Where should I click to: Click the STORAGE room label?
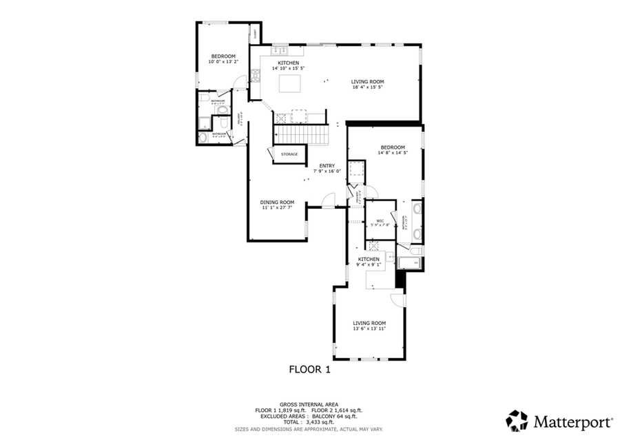[289, 154]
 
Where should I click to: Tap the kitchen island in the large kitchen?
[289, 83]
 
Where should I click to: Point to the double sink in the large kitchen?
[280, 50]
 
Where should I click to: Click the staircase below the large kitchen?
[300, 134]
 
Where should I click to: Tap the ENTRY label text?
[327, 165]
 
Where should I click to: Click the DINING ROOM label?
[277, 202]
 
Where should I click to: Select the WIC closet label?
[380, 220]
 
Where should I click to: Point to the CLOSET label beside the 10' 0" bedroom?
[256, 33]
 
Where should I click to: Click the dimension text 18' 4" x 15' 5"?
[367, 87]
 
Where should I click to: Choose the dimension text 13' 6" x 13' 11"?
[369, 328]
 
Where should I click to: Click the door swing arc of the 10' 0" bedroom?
[238, 83]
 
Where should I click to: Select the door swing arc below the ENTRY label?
[329, 200]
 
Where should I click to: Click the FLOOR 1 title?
[309, 370]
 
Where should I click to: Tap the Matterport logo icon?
[517, 420]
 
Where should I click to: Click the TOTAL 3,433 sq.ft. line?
[309, 422]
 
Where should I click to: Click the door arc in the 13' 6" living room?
[397, 301]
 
